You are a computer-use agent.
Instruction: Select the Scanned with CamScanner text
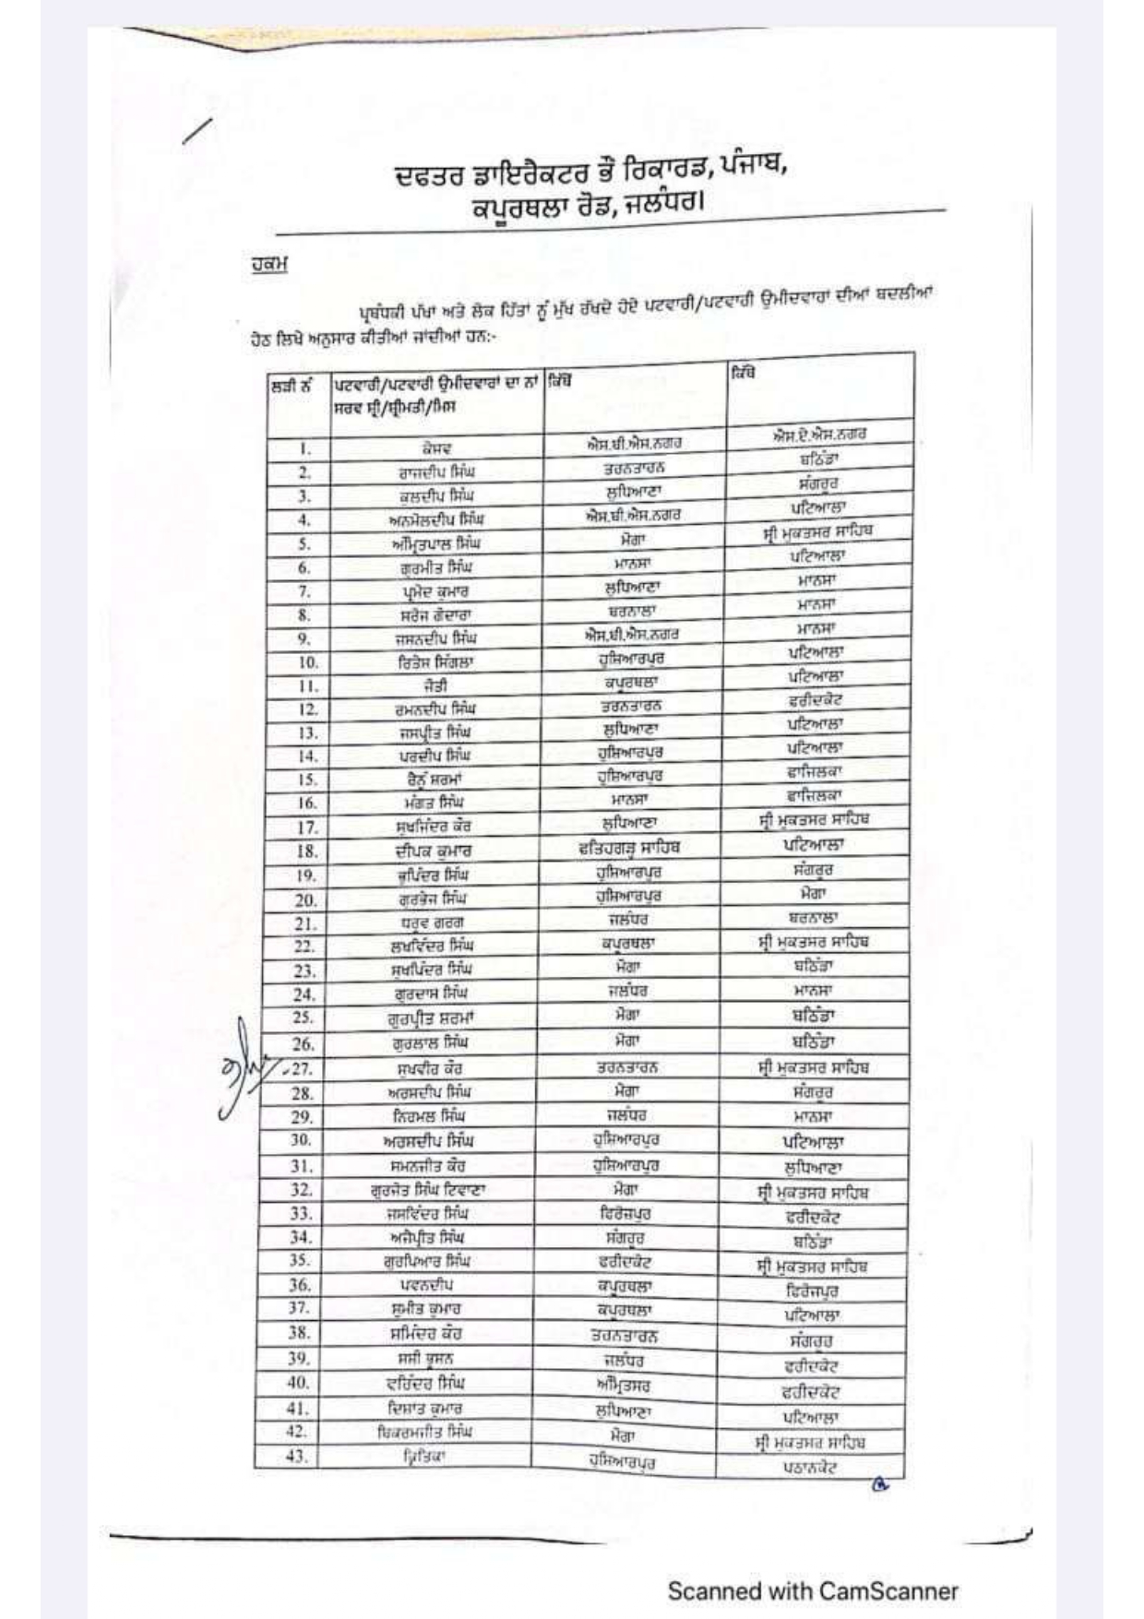click(x=812, y=1590)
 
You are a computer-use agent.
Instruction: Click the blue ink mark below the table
click(x=879, y=1485)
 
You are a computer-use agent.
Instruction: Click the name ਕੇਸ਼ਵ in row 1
click(x=436, y=449)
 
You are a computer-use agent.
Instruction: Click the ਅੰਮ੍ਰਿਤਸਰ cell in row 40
click(x=623, y=1385)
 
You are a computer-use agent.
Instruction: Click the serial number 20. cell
click(x=305, y=899)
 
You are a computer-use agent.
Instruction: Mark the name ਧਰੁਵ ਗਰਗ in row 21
click(x=432, y=923)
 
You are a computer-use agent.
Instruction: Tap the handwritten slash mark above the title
click(x=198, y=131)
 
